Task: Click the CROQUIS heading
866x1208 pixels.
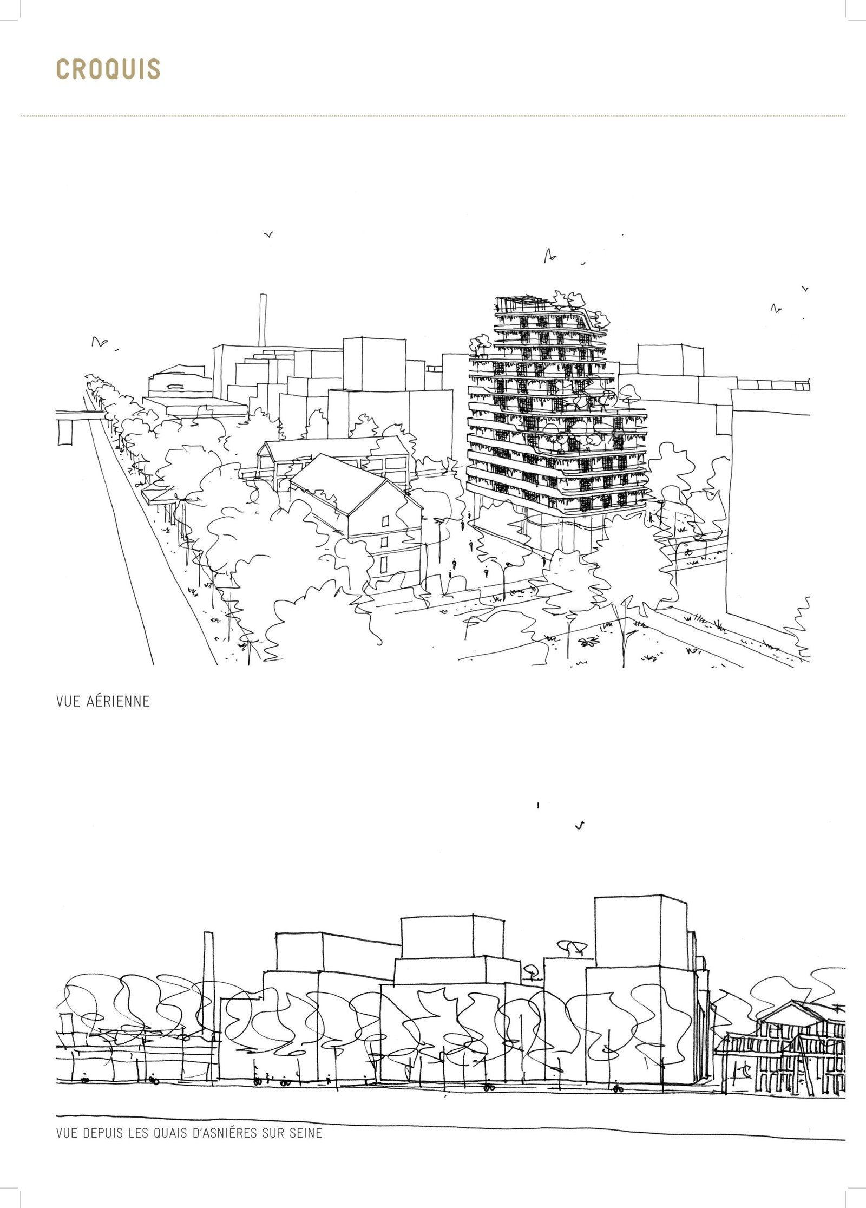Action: tap(108, 69)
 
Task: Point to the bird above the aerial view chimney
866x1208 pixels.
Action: tap(268, 235)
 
